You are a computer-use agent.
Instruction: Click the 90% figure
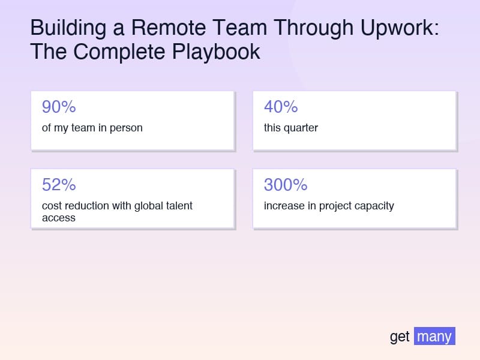click(59, 107)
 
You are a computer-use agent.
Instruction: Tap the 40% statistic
click(281, 107)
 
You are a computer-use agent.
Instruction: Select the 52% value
click(59, 185)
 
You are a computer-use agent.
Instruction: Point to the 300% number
click(286, 185)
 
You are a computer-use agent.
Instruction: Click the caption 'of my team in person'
click(92, 128)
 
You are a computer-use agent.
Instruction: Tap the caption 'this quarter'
click(291, 128)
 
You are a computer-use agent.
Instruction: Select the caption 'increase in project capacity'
click(329, 206)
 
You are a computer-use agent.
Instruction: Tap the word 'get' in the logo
click(400, 337)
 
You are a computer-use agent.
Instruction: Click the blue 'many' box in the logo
click(434, 336)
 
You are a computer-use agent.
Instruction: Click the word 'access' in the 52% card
click(59, 218)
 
